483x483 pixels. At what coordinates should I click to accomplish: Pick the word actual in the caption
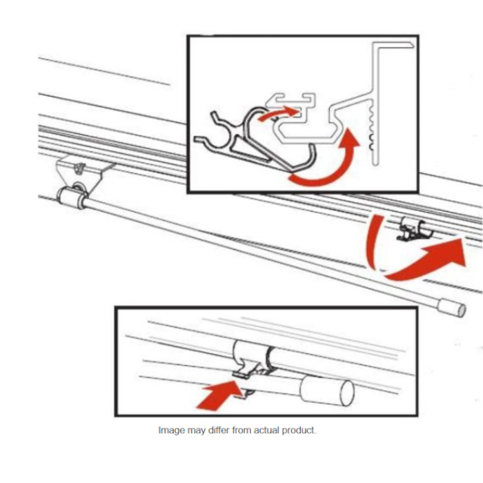click(x=272, y=430)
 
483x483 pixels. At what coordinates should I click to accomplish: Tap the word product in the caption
click(x=302, y=430)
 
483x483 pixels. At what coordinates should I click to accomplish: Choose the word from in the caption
click(x=244, y=430)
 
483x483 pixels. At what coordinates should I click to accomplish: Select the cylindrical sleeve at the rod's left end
click(x=71, y=199)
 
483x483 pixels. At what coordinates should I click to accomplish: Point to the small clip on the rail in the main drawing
click(x=412, y=228)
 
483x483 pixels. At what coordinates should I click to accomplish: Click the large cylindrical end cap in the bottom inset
click(x=328, y=391)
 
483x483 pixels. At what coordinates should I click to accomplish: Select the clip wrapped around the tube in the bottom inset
click(x=252, y=362)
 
